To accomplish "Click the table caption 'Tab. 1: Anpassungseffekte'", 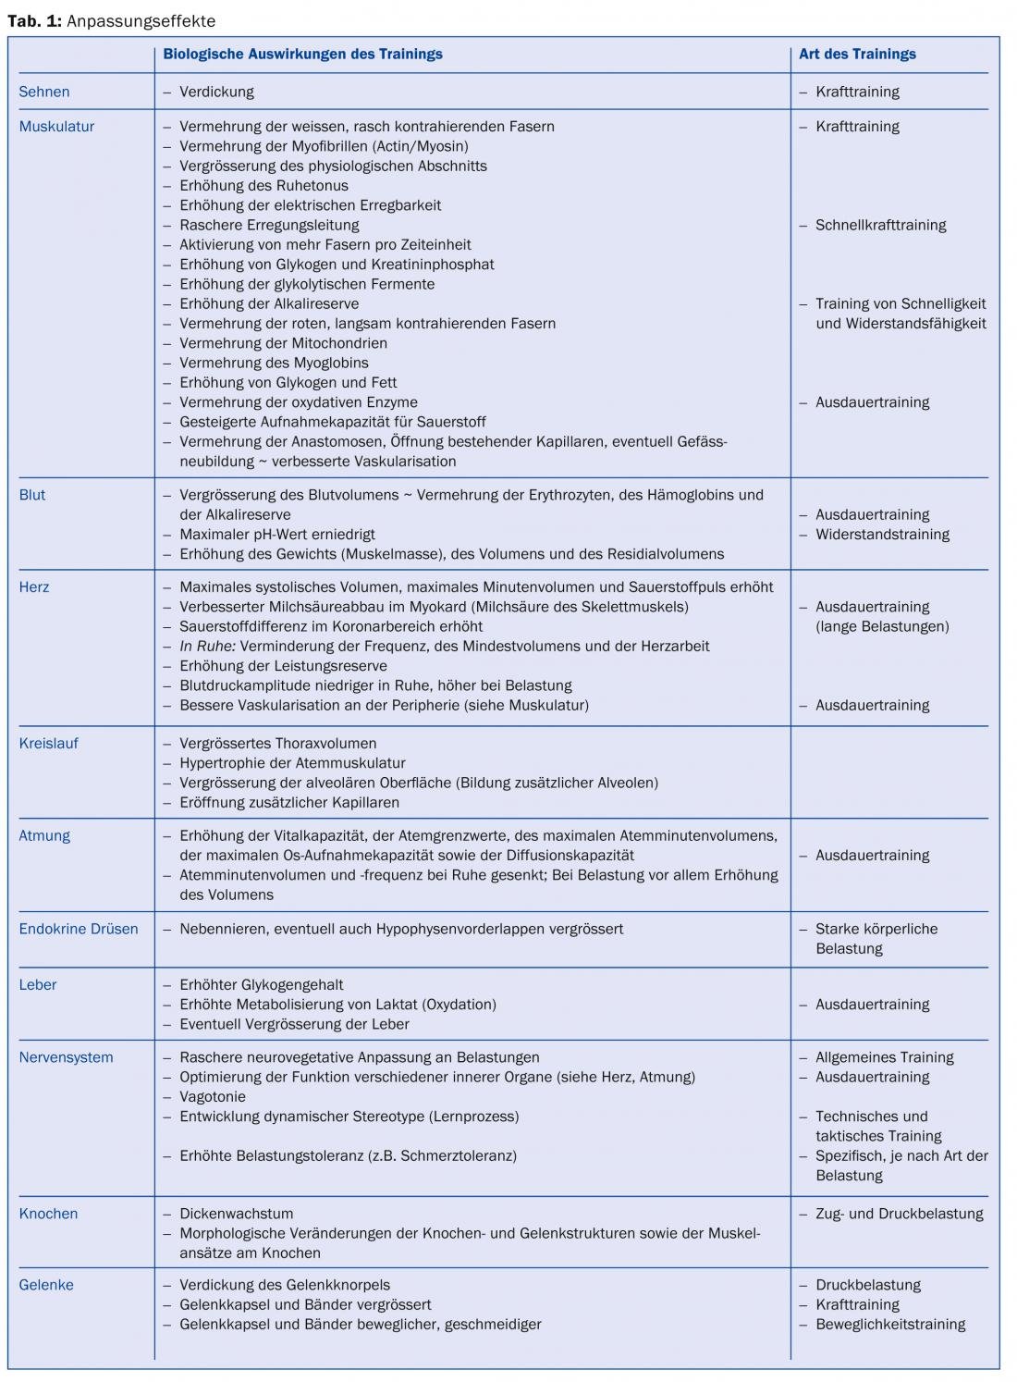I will click(111, 20).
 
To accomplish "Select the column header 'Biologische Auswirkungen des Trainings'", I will click(302, 54).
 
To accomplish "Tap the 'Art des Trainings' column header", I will click(857, 54).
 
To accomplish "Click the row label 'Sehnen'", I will click(44, 92).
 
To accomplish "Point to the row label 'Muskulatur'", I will click(56, 126).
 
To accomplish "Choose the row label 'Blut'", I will click(32, 495).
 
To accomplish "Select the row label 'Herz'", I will click(34, 586).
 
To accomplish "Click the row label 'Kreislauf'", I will click(48, 743).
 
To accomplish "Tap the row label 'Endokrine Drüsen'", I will click(79, 929).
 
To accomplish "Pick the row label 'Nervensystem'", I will click(66, 1057).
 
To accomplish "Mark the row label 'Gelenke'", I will click(46, 1285).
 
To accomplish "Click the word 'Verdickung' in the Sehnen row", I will click(216, 92).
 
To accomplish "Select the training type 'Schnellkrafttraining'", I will click(880, 225).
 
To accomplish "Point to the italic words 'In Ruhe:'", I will click(208, 646).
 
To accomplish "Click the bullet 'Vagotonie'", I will click(213, 1096).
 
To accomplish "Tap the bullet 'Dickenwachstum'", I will click(236, 1214).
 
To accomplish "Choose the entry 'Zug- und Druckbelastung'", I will click(899, 1214).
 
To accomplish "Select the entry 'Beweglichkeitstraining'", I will click(890, 1324).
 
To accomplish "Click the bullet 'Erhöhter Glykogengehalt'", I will click(262, 984).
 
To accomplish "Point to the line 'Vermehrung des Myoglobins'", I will click(274, 363).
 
